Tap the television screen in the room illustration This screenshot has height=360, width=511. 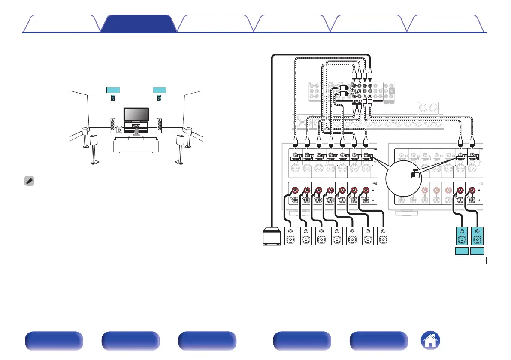(136, 114)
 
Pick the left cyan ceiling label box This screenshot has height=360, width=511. (113, 90)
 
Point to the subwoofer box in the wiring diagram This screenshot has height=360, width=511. (272, 236)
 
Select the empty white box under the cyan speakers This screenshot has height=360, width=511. (469, 260)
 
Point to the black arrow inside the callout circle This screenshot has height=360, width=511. (414, 169)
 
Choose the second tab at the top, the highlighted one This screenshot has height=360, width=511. (139, 24)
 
